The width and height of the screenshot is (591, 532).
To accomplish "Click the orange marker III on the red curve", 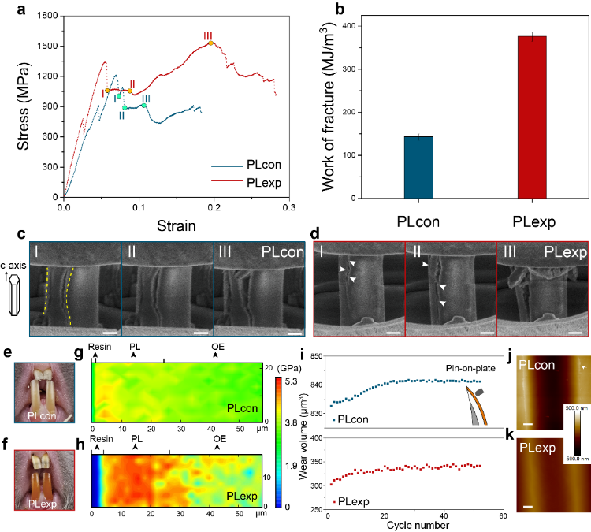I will click(210, 44).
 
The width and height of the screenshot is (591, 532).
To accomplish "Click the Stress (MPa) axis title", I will click(24, 106).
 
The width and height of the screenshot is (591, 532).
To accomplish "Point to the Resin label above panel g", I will click(100, 347).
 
